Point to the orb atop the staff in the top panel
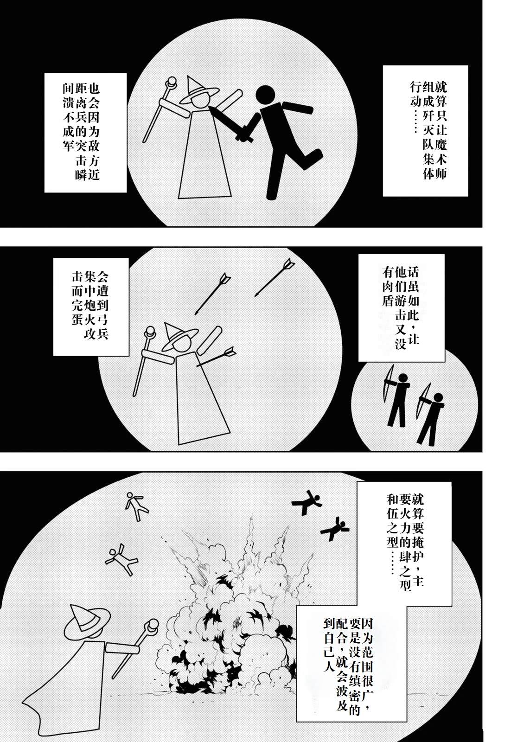pos(172,84)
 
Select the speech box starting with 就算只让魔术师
pos(425,130)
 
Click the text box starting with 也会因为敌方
pos(85,132)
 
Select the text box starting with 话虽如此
pos(401,308)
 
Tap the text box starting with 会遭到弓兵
pos(91,306)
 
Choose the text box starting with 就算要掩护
pos(405,538)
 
